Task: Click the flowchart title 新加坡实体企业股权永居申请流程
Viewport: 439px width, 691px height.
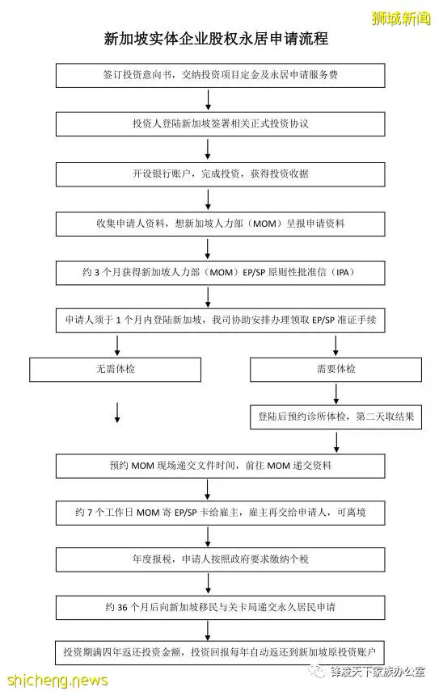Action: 216,39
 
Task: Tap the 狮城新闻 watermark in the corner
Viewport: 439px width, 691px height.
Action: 401,19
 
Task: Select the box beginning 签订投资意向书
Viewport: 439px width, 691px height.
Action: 220,75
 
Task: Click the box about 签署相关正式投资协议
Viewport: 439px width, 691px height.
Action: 220,124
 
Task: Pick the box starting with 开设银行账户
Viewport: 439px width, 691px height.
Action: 220,174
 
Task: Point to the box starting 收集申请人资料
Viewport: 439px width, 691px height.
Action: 220,224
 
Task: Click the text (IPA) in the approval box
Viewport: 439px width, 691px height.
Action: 342,272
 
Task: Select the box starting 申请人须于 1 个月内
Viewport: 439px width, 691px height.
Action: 220,320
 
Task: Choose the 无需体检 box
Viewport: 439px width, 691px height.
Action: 115,369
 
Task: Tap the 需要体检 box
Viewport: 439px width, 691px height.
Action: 336,369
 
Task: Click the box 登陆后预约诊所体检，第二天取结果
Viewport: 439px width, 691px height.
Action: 336,417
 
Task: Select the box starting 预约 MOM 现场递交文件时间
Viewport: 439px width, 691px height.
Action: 220,466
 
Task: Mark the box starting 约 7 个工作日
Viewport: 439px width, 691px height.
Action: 220,513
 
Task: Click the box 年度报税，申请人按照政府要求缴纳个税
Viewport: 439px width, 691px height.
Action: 220,559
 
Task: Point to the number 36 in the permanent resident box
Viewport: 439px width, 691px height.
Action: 122,607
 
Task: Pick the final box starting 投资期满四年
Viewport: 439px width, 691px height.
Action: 220,652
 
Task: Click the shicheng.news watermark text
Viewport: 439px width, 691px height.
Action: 57,680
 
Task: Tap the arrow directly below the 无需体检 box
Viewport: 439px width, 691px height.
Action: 117,413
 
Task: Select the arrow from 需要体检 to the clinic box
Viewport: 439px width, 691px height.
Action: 336,394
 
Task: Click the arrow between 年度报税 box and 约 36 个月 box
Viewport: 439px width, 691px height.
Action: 208,584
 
